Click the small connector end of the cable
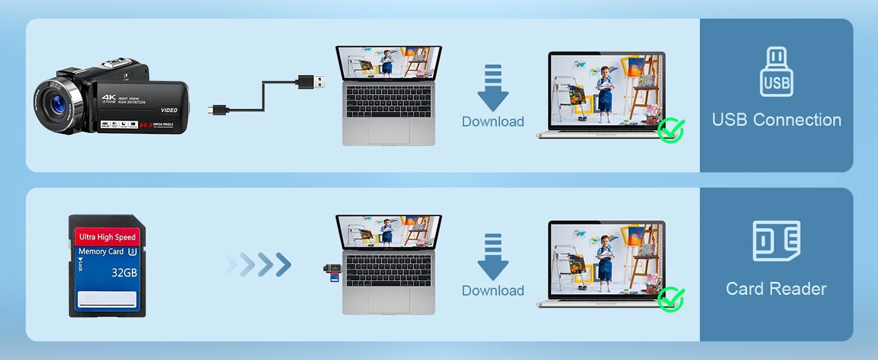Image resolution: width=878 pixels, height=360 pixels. (218, 110)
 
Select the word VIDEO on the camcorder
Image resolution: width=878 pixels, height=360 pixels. (169, 110)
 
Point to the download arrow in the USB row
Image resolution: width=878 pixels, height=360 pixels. (493, 88)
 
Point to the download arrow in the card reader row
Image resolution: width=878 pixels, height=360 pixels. (493, 257)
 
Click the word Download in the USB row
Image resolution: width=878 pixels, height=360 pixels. (493, 122)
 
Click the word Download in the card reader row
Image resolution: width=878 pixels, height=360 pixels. (493, 291)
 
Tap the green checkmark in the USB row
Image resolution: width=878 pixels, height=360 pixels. (671, 130)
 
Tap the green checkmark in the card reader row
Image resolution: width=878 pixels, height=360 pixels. (671, 299)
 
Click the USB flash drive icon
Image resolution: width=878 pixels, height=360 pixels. (777, 73)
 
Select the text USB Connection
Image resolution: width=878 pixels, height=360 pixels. (777, 120)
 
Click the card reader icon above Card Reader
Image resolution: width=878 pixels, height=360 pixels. (777, 241)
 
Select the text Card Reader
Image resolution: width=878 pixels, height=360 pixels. (777, 289)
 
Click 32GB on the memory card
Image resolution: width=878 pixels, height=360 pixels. (124, 273)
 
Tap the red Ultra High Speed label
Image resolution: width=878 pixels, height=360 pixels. (107, 237)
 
